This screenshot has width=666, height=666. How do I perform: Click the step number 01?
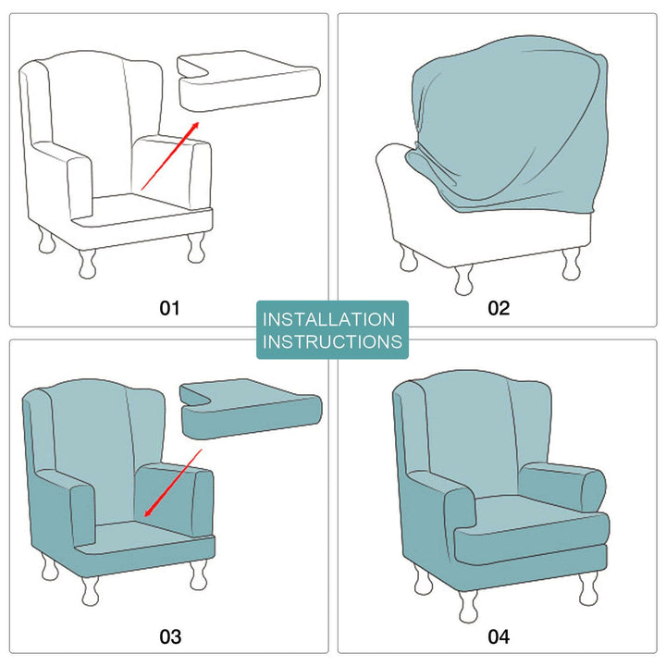[169, 308]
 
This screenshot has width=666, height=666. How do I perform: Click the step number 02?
[499, 308]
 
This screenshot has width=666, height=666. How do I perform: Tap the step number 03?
[170, 636]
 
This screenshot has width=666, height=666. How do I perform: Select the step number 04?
[499, 636]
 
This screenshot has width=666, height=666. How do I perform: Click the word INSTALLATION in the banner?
[328, 319]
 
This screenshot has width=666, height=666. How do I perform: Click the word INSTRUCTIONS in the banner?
[332, 341]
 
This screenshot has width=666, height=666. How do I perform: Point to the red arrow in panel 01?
[170, 155]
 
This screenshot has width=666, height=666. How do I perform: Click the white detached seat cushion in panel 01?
[249, 81]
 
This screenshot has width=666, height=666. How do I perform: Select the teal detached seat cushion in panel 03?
[251, 409]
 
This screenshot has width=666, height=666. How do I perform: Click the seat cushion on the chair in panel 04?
[531, 531]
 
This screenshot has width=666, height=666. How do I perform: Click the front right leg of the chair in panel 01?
[196, 249]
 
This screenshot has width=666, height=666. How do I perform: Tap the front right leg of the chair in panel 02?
[572, 265]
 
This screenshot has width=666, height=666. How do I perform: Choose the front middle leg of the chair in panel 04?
[468, 607]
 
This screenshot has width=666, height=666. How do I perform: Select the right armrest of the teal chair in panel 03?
[175, 501]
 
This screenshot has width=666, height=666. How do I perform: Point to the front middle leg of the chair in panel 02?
[463, 280]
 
